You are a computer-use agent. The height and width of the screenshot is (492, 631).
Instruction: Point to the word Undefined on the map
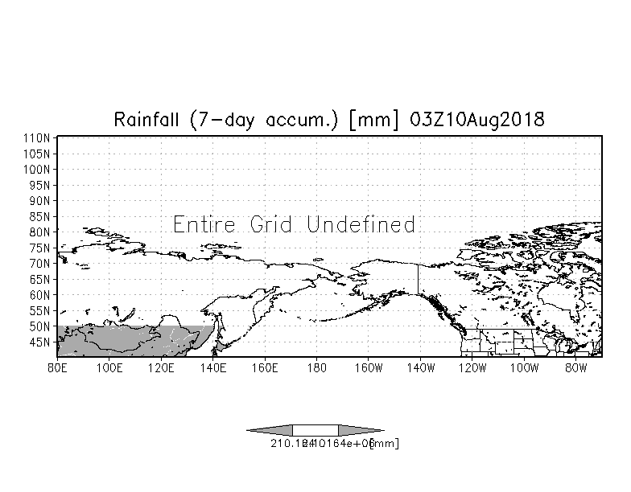click(x=361, y=224)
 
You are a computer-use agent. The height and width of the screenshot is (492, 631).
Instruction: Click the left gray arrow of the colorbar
click(x=270, y=430)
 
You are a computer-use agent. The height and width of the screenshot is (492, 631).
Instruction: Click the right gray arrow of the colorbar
click(x=361, y=430)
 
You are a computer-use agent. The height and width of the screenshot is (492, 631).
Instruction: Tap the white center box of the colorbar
click(x=315, y=430)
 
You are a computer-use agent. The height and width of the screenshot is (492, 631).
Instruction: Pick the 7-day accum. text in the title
click(x=256, y=120)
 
